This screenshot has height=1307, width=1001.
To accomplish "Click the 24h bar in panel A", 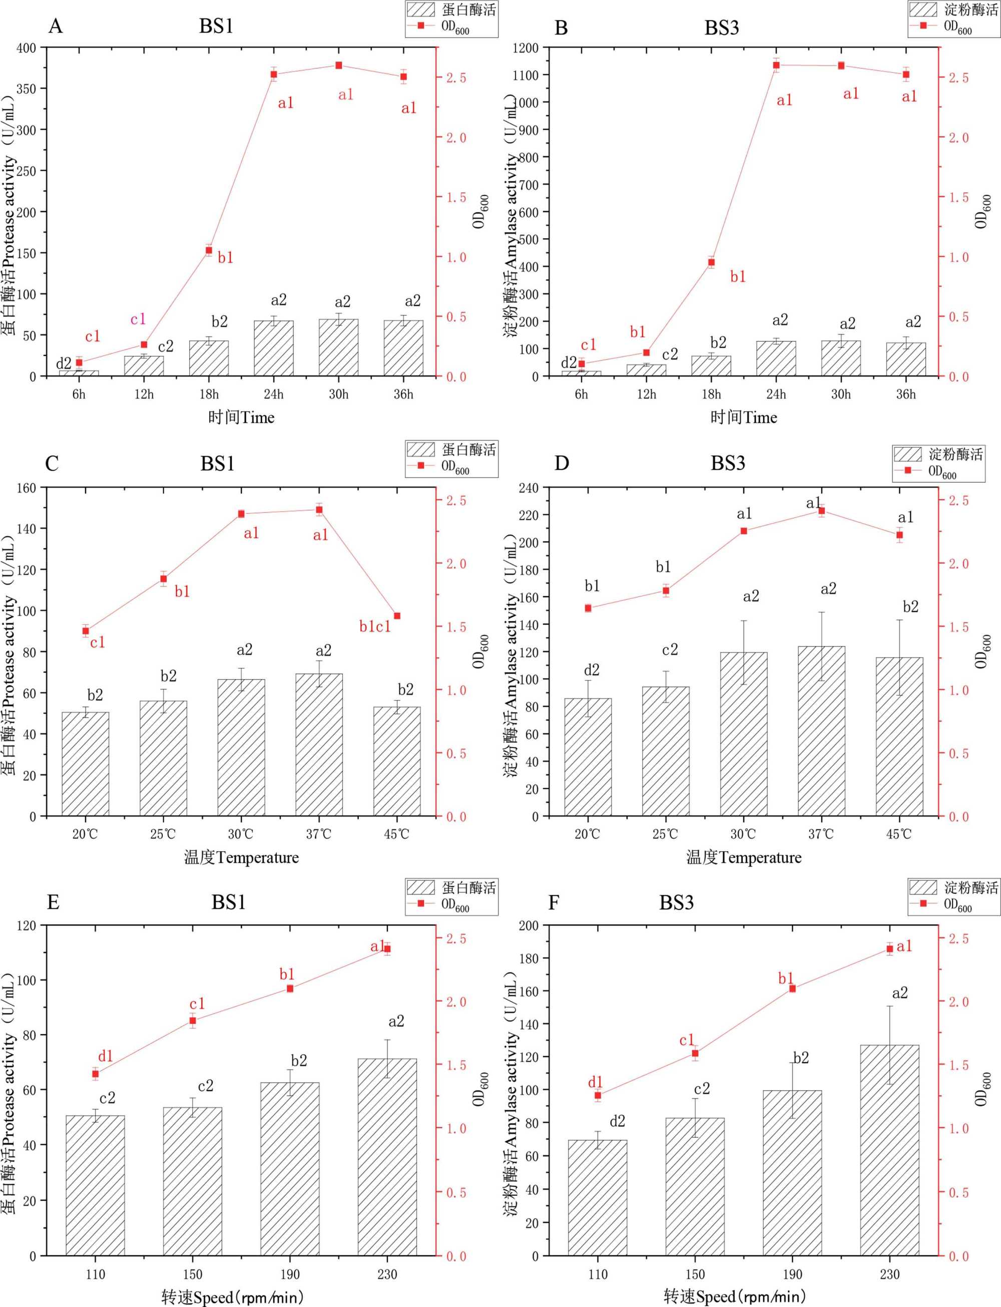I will coord(273,348).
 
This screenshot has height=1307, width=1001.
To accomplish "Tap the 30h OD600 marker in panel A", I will coord(338,65).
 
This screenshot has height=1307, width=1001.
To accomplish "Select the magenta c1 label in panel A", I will coord(138,319).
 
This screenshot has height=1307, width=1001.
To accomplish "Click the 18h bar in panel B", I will coord(711,366).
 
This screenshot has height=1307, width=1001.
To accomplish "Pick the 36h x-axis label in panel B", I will coord(906,395).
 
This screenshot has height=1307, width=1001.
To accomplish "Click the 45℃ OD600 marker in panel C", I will coord(397,615).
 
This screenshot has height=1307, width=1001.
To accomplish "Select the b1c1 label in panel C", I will coord(375,626).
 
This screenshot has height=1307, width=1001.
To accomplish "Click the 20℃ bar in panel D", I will coord(588,757).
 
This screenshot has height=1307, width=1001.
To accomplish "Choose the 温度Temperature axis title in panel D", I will coord(744,858).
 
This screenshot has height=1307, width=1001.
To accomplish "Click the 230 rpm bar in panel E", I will coord(387,1157).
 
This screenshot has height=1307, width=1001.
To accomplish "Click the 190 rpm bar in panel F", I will coord(792,1173).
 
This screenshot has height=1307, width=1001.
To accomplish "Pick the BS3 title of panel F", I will coord(676,903).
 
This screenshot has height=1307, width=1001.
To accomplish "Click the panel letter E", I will coord(53,902).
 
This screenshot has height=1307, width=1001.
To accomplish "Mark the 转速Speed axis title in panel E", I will coord(232,1296).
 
